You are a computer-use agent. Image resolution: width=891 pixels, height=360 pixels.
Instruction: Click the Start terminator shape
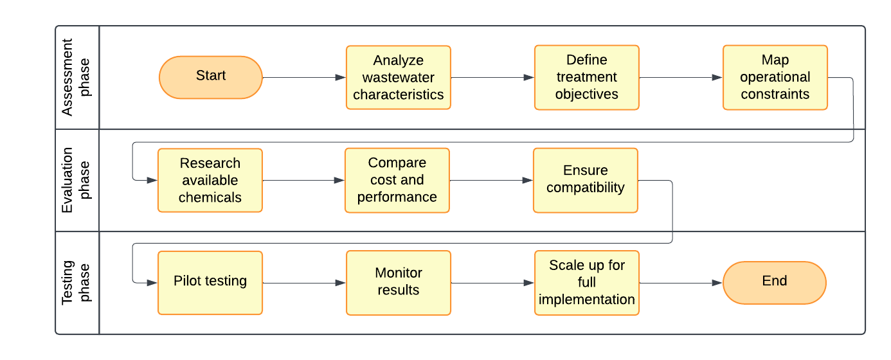click(211, 77)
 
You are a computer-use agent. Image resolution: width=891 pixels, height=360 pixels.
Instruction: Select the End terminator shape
click(774, 282)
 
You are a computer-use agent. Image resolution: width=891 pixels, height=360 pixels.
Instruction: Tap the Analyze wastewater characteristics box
click(398, 77)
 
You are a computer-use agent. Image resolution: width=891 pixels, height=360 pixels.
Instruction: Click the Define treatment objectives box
click(586, 77)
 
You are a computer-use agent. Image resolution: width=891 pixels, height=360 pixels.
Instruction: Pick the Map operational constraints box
click(775, 77)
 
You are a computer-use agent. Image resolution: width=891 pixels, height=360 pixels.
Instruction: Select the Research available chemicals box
click(210, 180)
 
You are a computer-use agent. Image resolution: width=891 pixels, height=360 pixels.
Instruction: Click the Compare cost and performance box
click(397, 180)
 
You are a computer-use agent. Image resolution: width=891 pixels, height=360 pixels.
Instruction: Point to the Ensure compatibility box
click(585, 180)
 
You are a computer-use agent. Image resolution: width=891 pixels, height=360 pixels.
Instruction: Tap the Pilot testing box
click(210, 282)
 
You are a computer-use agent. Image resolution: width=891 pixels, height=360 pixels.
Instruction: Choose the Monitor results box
click(398, 282)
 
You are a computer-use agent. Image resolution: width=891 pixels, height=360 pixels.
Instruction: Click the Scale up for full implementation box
click(586, 282)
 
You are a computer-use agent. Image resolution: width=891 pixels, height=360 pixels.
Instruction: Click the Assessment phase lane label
click(76, 77)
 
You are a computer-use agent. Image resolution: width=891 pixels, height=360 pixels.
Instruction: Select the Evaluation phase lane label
click(76, 180)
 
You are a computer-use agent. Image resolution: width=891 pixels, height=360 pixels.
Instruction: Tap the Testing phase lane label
click(76, 282)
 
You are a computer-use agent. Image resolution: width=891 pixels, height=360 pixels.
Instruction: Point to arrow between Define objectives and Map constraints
click(681, 77)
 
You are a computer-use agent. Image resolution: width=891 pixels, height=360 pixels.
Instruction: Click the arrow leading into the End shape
click(681, 283)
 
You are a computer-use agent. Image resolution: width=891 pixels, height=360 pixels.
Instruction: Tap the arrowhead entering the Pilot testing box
click(152, 283)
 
